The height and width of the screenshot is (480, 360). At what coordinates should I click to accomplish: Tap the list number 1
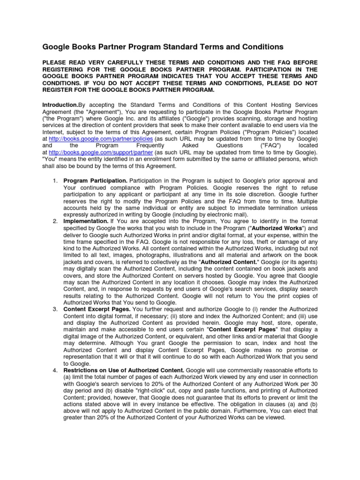click(x=54, y=180)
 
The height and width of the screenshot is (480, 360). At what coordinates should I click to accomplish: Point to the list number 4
click(x=54, y=370)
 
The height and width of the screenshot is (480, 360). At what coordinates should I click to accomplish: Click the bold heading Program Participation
click(x=95, y=180)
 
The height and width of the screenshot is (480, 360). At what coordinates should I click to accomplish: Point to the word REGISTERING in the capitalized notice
click(x=70, y=69)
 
